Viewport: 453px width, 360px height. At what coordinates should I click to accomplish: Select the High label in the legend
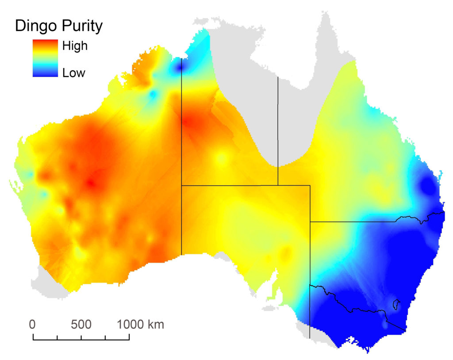pyautogui.click(x=75, y=46)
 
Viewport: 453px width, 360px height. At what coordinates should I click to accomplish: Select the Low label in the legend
pyautogui.click(x=73, y=73)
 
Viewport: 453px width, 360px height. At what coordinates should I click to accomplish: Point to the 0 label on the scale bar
pyautogui.click(x=32, y=325)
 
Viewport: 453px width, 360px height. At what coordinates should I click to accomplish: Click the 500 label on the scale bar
pyautogui.click(x=81, y=325)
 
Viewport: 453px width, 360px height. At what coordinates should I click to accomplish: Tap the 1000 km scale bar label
pyautogui.click(x=140, y=325)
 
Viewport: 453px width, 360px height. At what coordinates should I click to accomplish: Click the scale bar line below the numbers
pyautogui.click(x=81, y=339)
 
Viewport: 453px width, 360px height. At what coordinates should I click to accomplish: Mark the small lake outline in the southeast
pyautogui.click(x=396, y=304)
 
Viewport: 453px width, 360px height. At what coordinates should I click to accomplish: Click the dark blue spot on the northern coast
pyautogui.click(x=179, y=67)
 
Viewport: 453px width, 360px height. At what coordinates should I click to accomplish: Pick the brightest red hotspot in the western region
pyautogui.click(x=92, y=183)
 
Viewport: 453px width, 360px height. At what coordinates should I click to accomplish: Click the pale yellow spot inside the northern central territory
pyautogui.click(x=221, y=158)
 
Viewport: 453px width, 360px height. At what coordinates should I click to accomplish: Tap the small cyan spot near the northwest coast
pyautogui.click(x=154, y=95)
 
